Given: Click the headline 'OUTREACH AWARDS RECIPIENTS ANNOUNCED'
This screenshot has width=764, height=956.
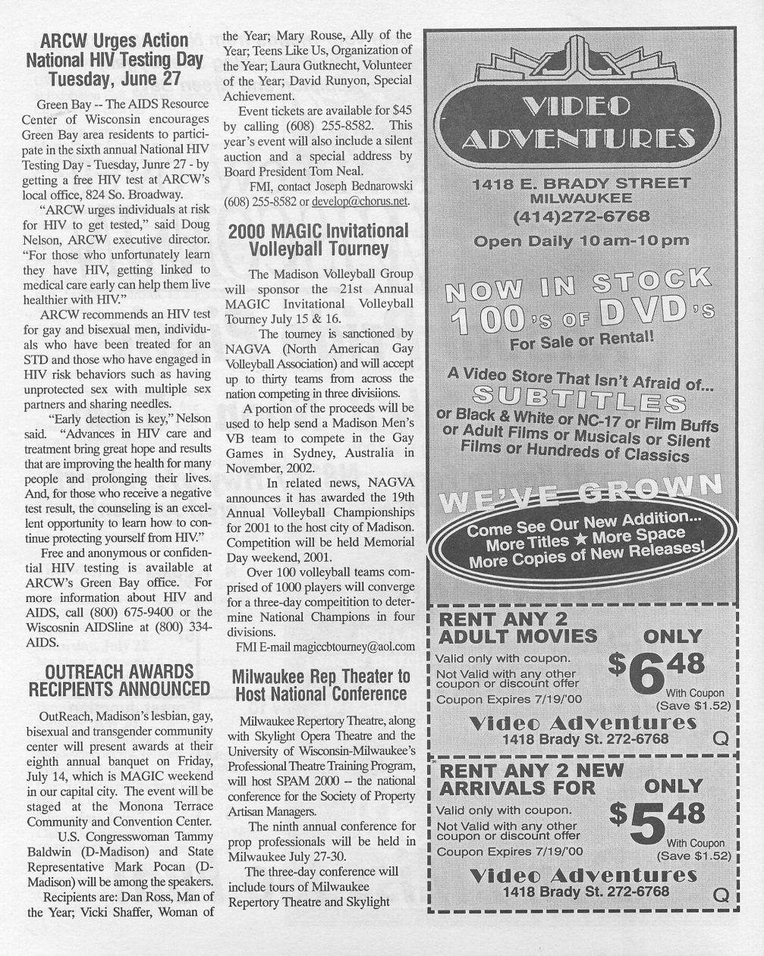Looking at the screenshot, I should pos(118,680).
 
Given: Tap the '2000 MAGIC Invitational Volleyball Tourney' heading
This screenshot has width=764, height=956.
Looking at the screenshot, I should pos(318,239).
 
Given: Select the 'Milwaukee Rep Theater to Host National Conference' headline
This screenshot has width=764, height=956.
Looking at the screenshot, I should pos(320,685).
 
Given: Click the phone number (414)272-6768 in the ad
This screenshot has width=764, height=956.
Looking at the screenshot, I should pos(581,217).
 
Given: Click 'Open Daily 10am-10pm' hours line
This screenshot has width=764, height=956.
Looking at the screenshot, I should pos(581,241).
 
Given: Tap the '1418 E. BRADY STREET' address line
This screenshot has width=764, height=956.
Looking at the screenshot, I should pos(581,183).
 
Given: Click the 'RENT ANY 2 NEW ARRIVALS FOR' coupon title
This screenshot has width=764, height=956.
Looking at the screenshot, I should pos(531,779).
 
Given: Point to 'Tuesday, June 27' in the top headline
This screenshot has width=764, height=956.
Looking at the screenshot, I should pos(115,78).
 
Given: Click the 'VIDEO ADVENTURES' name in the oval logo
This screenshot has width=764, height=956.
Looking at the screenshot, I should pos(578,122).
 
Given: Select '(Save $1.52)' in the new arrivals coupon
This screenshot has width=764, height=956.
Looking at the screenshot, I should pos(693,856).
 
